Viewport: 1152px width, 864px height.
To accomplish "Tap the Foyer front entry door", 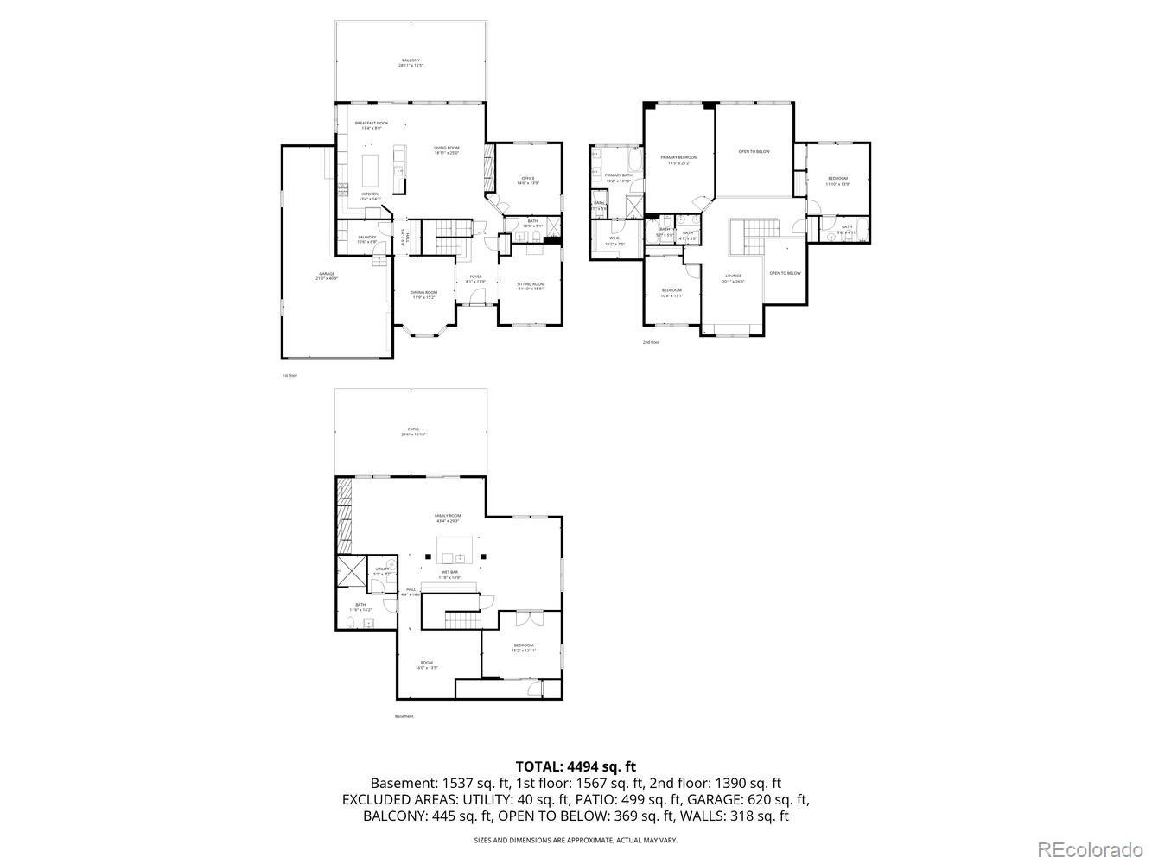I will pyautogui.click(x=475, y=302).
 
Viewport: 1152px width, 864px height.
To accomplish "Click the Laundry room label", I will pyautogui.click(x=367, y=238).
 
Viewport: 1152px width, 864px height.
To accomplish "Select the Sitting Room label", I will pyautogui.click(x=531, y=286).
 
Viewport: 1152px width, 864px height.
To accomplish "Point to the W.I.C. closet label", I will pyautogui.click(x=614, y=242).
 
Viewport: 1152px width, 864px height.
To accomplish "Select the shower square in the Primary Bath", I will pyautogui.click(x=633, y=206).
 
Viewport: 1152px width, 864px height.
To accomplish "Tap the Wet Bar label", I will pyautogui.click(x=451, y=575).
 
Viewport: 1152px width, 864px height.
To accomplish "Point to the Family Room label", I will pyautogui.click(x=448, y=518).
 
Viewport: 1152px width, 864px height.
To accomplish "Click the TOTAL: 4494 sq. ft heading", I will pyautogui.click(x=576, y=766).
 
